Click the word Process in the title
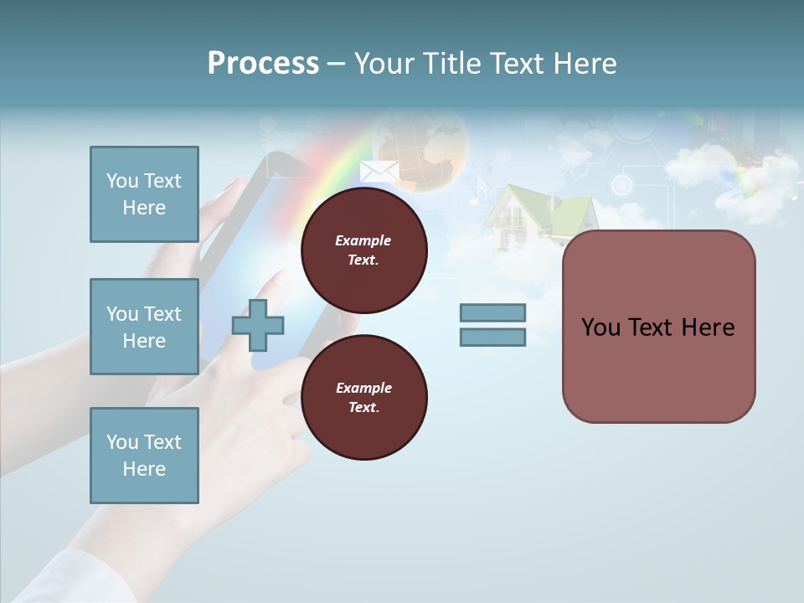pyautogui.click(x=263, y=64)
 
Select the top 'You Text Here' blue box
pyautogui.click(x=144, y=194)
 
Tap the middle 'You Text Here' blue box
pyautogui.click(x=144, y=327)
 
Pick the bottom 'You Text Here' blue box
pyautogui.click(x=144, y=455)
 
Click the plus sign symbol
pyautogui.click(x=258, y=325)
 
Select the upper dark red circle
pyautogui.click(x=363, y=250)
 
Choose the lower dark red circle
pyautogui.click(x=363, y=398)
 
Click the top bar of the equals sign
pyautogui.click(x=492, y=312)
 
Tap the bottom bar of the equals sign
pyautogui.click(x=492, y=337)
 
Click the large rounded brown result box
pyautogui.click(x=658, y=327)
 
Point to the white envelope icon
pyautogui.click(x=379, y=170)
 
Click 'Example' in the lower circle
pyautogui.click(x=363, y=388)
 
